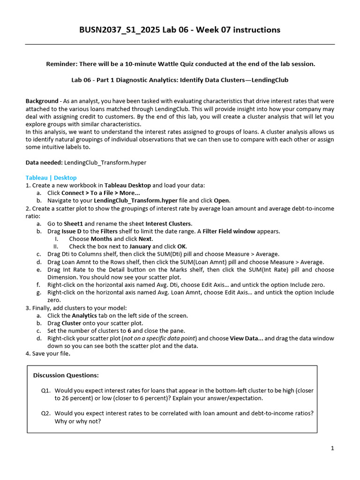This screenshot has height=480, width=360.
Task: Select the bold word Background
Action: (42, 102)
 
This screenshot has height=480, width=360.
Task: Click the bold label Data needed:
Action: (44, 162)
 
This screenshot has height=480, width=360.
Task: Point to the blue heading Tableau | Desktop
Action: (51, 178)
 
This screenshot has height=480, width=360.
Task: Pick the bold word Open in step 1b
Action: (222, 200)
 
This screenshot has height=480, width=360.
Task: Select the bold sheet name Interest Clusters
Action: (169, 224)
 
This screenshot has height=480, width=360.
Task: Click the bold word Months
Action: (101, 239)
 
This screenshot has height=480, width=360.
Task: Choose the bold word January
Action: (140, 247)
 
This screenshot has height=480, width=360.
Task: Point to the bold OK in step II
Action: (182, 247)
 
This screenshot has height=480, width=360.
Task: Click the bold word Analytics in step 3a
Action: (84, 315)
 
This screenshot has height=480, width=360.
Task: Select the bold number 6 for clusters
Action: (129, 330)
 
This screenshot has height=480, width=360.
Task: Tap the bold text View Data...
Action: (245, 338)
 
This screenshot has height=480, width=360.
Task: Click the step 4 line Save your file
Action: (48, 353)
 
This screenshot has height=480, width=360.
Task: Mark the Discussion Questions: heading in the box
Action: (66, 375)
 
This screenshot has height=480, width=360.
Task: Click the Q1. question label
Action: (46, 390)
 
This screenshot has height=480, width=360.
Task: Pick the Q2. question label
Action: (46, 413)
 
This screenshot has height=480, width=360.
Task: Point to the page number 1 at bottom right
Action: (332, 449)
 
